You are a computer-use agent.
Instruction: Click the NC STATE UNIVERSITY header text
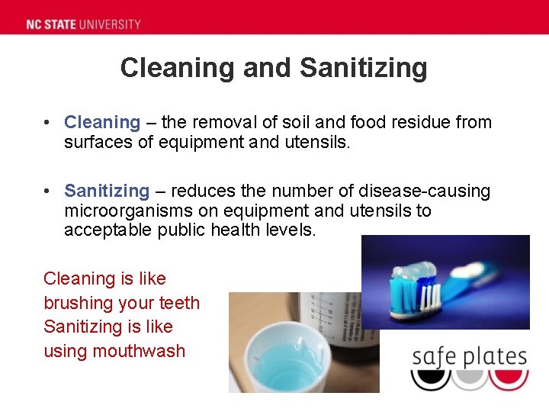(x=83, y=24)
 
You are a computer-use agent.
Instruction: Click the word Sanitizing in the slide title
(x=363, y=68)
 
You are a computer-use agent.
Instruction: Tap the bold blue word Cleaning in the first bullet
(x=102, y=122)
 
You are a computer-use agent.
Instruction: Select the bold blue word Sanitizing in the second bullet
(x=107, y=191)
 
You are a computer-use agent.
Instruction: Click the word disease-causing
(x=431, y=191)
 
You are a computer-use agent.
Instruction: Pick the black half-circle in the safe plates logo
(x=430, y=378)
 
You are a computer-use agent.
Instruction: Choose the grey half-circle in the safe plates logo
(x=469, y=378)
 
